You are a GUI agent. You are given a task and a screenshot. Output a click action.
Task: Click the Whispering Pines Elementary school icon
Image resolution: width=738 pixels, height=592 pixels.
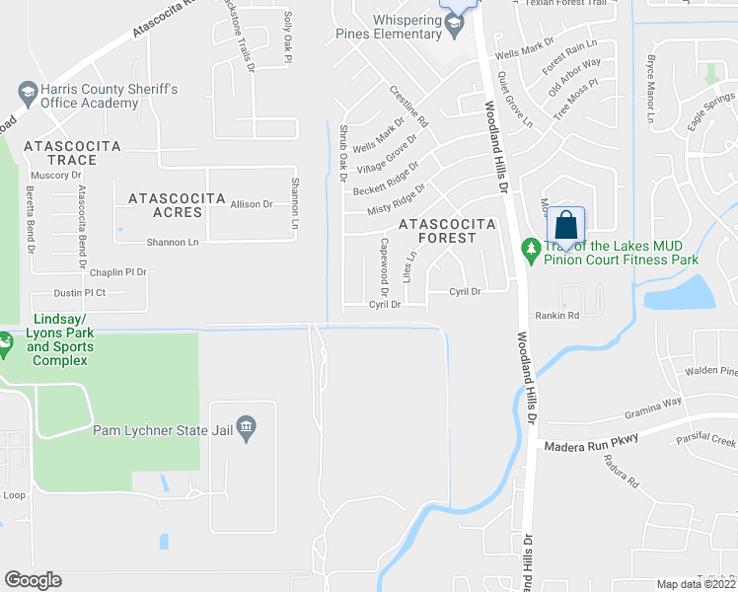click(x=455, y=26)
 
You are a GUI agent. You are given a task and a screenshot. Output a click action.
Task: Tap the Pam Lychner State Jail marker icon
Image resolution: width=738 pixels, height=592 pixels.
click(x=247, y=427)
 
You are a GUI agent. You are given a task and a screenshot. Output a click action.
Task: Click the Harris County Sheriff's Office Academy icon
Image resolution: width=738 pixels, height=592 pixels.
click(x=28, y=94)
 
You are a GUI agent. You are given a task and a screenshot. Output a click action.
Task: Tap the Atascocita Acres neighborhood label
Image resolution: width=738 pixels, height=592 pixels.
click(x=178, y=205)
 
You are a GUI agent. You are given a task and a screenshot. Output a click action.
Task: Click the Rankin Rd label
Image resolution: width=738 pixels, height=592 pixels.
click(x=556, y=316)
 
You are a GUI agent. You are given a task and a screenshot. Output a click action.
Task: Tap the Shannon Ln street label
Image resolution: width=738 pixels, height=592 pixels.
click(x=173, y=242)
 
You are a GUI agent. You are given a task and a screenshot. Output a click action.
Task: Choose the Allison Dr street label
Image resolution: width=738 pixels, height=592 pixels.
click(x=251, y=204)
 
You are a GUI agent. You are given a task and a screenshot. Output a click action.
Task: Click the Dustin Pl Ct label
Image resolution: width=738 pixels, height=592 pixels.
click(x=79, y=293)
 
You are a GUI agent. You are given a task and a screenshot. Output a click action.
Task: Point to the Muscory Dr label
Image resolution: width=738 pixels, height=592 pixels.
click(x=56, y=175)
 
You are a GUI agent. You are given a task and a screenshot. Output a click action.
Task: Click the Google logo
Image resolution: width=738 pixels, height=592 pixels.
click(x=33, y=579)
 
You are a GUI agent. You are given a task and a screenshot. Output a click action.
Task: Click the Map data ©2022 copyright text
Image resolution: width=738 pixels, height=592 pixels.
click(x=696, y=584)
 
